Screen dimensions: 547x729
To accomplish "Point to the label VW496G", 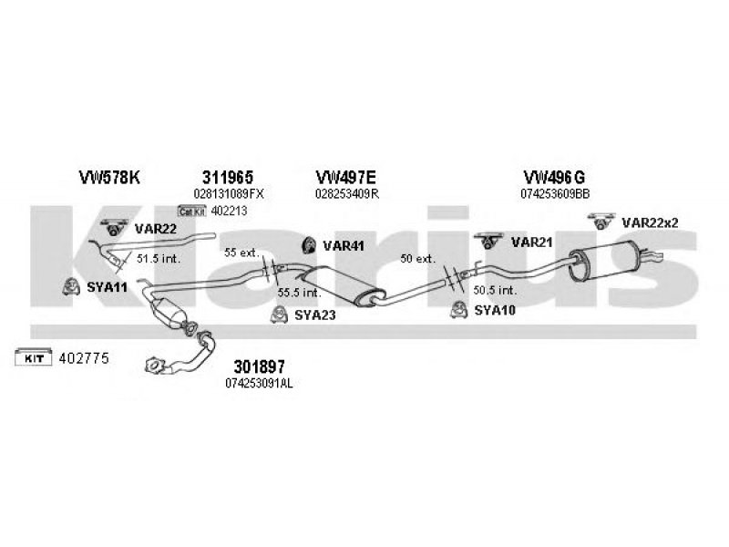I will [529, 178].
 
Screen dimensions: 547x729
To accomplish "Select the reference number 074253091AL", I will [259, 384].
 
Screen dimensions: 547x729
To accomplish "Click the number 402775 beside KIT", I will [84, 358].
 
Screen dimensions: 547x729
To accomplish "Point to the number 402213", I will [229, 211].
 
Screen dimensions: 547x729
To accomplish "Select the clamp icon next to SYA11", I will [67, 287].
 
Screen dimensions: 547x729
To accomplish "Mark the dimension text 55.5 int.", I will [299, 292].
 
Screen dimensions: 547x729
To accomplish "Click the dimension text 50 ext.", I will [418, 259].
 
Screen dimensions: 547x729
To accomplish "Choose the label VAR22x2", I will [650, 222].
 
